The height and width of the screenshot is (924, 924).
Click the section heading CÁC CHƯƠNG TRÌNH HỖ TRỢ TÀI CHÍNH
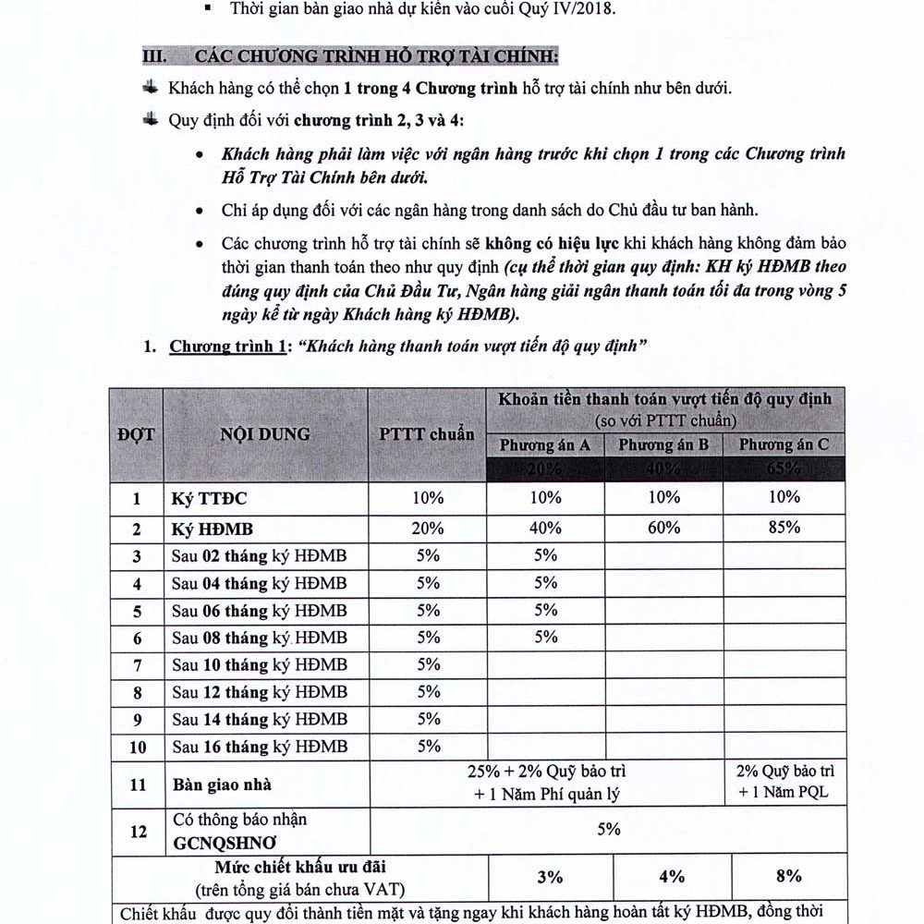point(376,56)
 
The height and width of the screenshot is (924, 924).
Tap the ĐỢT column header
point(136,434)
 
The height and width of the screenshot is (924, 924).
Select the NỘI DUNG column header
point(265,434)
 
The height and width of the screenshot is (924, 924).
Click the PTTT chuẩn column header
point(427,434)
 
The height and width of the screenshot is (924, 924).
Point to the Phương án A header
point(545,445)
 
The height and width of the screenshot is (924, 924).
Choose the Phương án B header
point(663,445)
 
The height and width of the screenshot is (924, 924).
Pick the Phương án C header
point(784,445)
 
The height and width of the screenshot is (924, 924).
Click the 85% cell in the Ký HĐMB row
point(784,529)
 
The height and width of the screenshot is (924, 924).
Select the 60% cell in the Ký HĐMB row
point(663,529)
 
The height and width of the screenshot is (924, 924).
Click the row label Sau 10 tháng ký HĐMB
point(260,665)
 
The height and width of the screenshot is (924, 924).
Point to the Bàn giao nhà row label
point(222,784)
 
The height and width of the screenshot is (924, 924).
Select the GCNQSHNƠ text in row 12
point(224,843)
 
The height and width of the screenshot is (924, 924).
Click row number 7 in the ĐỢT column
point(137,665)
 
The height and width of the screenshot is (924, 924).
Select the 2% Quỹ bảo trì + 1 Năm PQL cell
point(787,782)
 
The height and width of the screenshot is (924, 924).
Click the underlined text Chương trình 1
point(221,348)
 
